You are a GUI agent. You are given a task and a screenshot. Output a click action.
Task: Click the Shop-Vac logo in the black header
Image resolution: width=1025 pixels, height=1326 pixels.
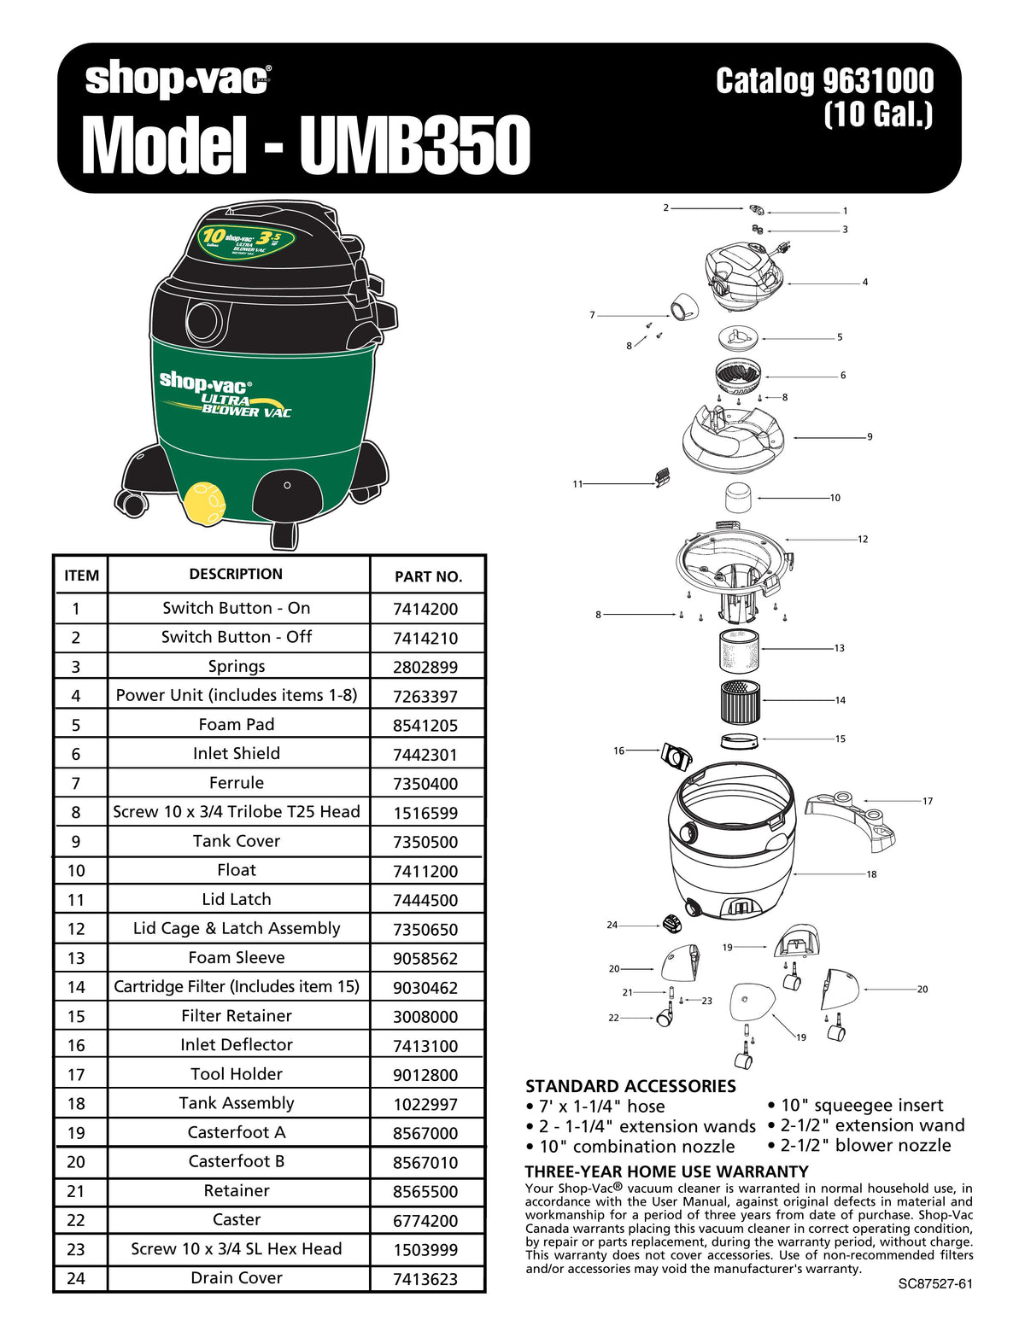(178, 79)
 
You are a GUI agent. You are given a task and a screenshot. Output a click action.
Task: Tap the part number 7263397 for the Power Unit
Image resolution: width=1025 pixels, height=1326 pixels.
(425, 696)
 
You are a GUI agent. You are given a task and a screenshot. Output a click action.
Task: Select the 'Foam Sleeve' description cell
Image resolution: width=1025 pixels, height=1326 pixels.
(237, 957)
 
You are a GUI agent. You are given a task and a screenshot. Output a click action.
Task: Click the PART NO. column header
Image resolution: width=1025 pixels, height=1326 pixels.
(428, 576)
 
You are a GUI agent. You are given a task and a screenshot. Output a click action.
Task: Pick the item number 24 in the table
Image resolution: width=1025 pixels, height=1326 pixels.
(76, 1278)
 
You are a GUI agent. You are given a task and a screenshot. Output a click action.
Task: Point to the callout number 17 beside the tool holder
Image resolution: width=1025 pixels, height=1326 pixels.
(928, 801)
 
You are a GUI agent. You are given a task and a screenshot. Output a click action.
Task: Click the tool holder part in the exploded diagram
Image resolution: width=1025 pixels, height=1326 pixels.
(851, 819)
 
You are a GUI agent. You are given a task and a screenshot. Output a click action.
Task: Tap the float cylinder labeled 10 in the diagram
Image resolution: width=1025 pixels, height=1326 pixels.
(739, 497)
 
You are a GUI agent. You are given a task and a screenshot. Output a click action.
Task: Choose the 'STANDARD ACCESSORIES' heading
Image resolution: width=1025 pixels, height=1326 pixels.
(630, 1086)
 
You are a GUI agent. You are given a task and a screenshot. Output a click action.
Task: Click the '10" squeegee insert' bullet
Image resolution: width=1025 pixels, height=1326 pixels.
(861, 1105)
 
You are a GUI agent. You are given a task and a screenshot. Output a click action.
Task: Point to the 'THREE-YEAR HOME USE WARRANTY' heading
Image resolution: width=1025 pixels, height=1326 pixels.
(666, 1171)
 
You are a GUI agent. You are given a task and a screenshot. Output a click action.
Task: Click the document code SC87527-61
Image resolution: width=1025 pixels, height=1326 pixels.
(935, 1284)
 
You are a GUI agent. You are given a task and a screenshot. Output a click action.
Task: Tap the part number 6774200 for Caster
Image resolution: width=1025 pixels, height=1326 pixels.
(425, 1221)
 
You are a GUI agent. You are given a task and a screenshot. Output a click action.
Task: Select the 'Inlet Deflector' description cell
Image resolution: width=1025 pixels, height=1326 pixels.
(237, 1044)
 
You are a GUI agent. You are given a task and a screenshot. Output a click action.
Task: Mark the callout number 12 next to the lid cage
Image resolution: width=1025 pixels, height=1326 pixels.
(863, 539)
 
